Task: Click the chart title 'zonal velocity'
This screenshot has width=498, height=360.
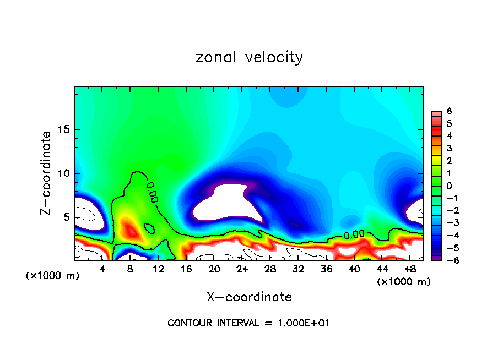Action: (x=249, y=57)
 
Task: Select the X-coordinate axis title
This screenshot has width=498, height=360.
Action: (x=249, y=297)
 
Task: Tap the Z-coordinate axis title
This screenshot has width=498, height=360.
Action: (x=47, y=173)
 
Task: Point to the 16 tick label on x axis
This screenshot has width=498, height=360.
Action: (x=186, y=269)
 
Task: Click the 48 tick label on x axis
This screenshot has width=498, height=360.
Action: (x=410, y=269)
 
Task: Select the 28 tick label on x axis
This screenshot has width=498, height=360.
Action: (x=270, y=269)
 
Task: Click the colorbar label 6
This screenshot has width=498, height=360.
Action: (x=449, y=111)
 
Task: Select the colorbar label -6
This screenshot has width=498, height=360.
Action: (x=447, y=260)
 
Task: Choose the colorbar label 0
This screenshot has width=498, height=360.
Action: (x=449, y=186)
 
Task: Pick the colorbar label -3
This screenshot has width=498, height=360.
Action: (x=447, y=223)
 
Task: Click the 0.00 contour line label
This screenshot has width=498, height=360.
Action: (x=354, y=234)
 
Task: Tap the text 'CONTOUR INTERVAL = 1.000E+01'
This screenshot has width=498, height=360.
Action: (x=249, y=323)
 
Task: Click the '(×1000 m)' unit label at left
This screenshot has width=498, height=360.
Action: (x=53, y=276)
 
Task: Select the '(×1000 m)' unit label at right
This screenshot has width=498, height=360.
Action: (x=403, y=282)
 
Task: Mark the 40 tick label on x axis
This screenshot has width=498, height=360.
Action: (x=354, y=269)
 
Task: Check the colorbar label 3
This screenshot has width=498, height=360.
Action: (x=449, y=148)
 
